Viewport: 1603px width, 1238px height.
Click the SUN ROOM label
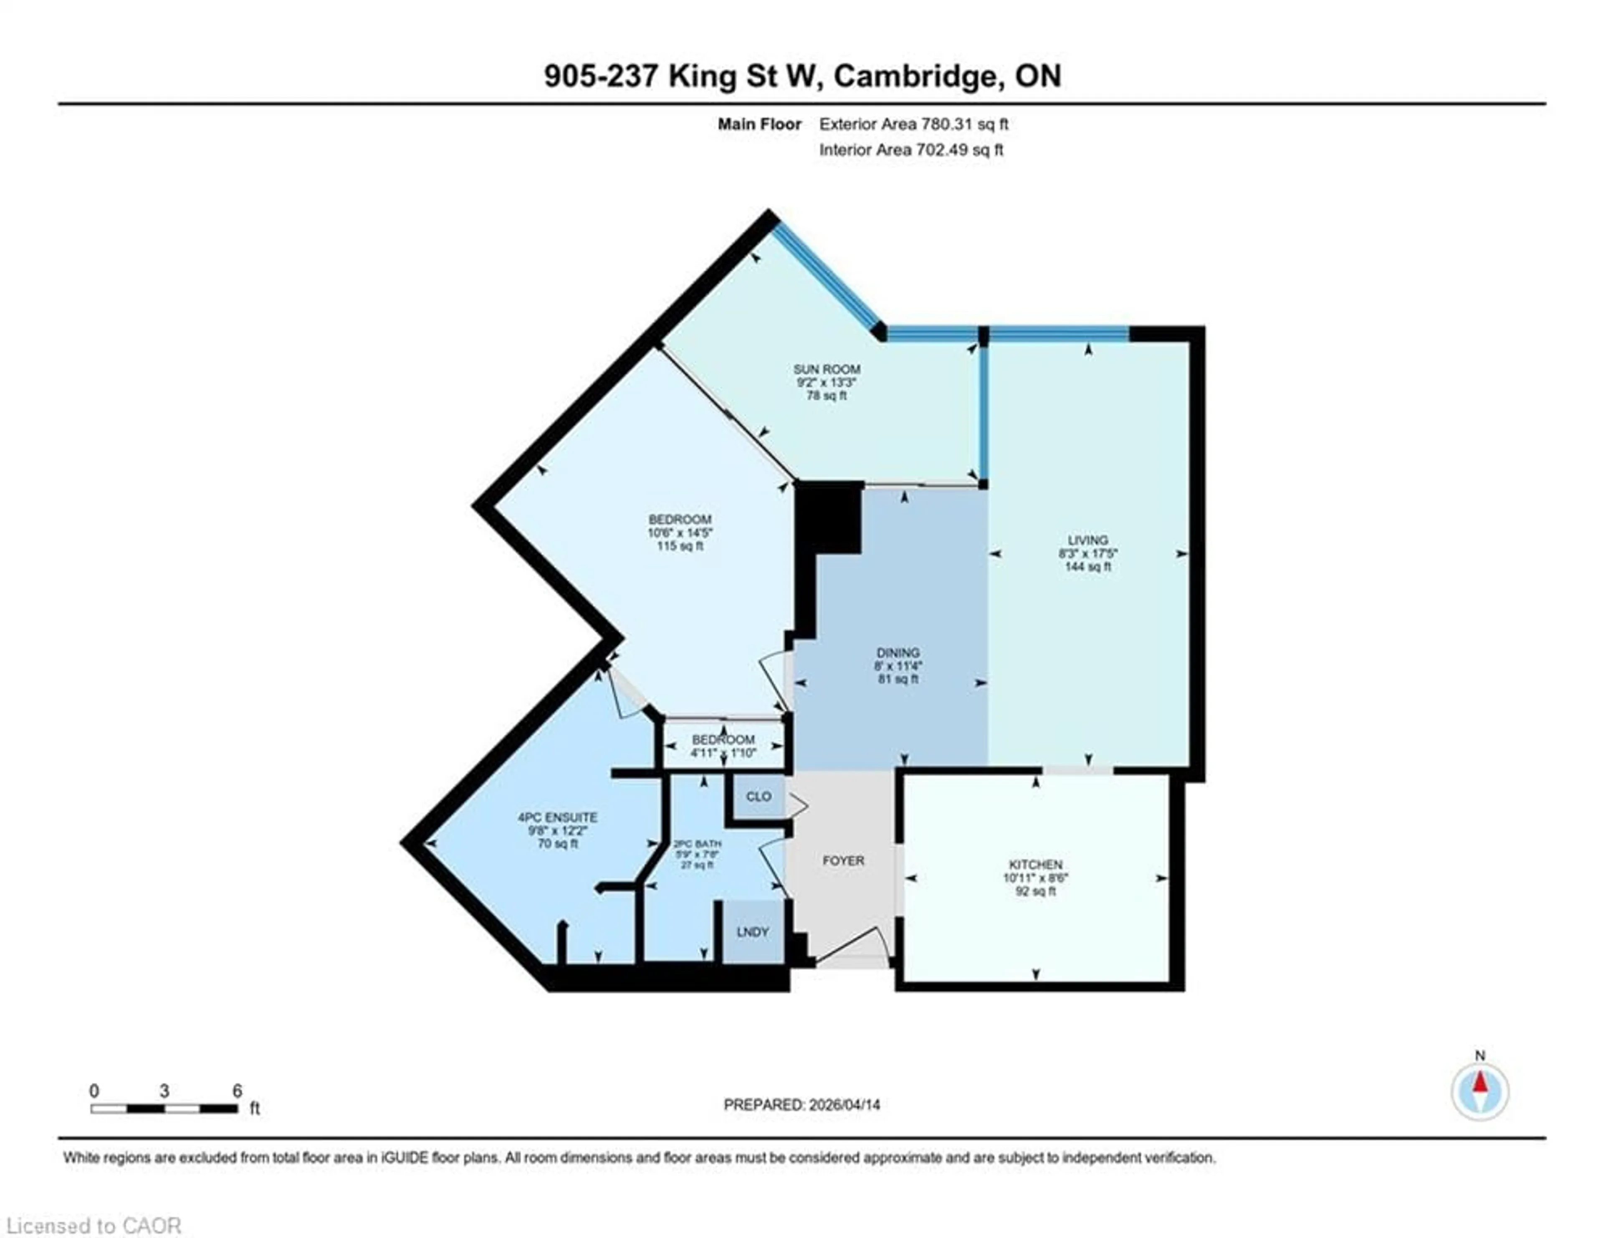coord(827,369)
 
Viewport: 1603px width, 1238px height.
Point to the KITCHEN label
coord(1035,864)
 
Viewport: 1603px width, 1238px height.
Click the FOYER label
coord(843,860)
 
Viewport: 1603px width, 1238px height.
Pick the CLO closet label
coord(758,797)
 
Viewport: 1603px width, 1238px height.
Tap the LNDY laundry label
coord(752,932)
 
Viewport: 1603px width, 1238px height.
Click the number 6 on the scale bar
coord(237,1091)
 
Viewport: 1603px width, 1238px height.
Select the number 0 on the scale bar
coord(94,1091)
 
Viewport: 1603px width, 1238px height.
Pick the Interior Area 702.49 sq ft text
coord(911,150)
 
